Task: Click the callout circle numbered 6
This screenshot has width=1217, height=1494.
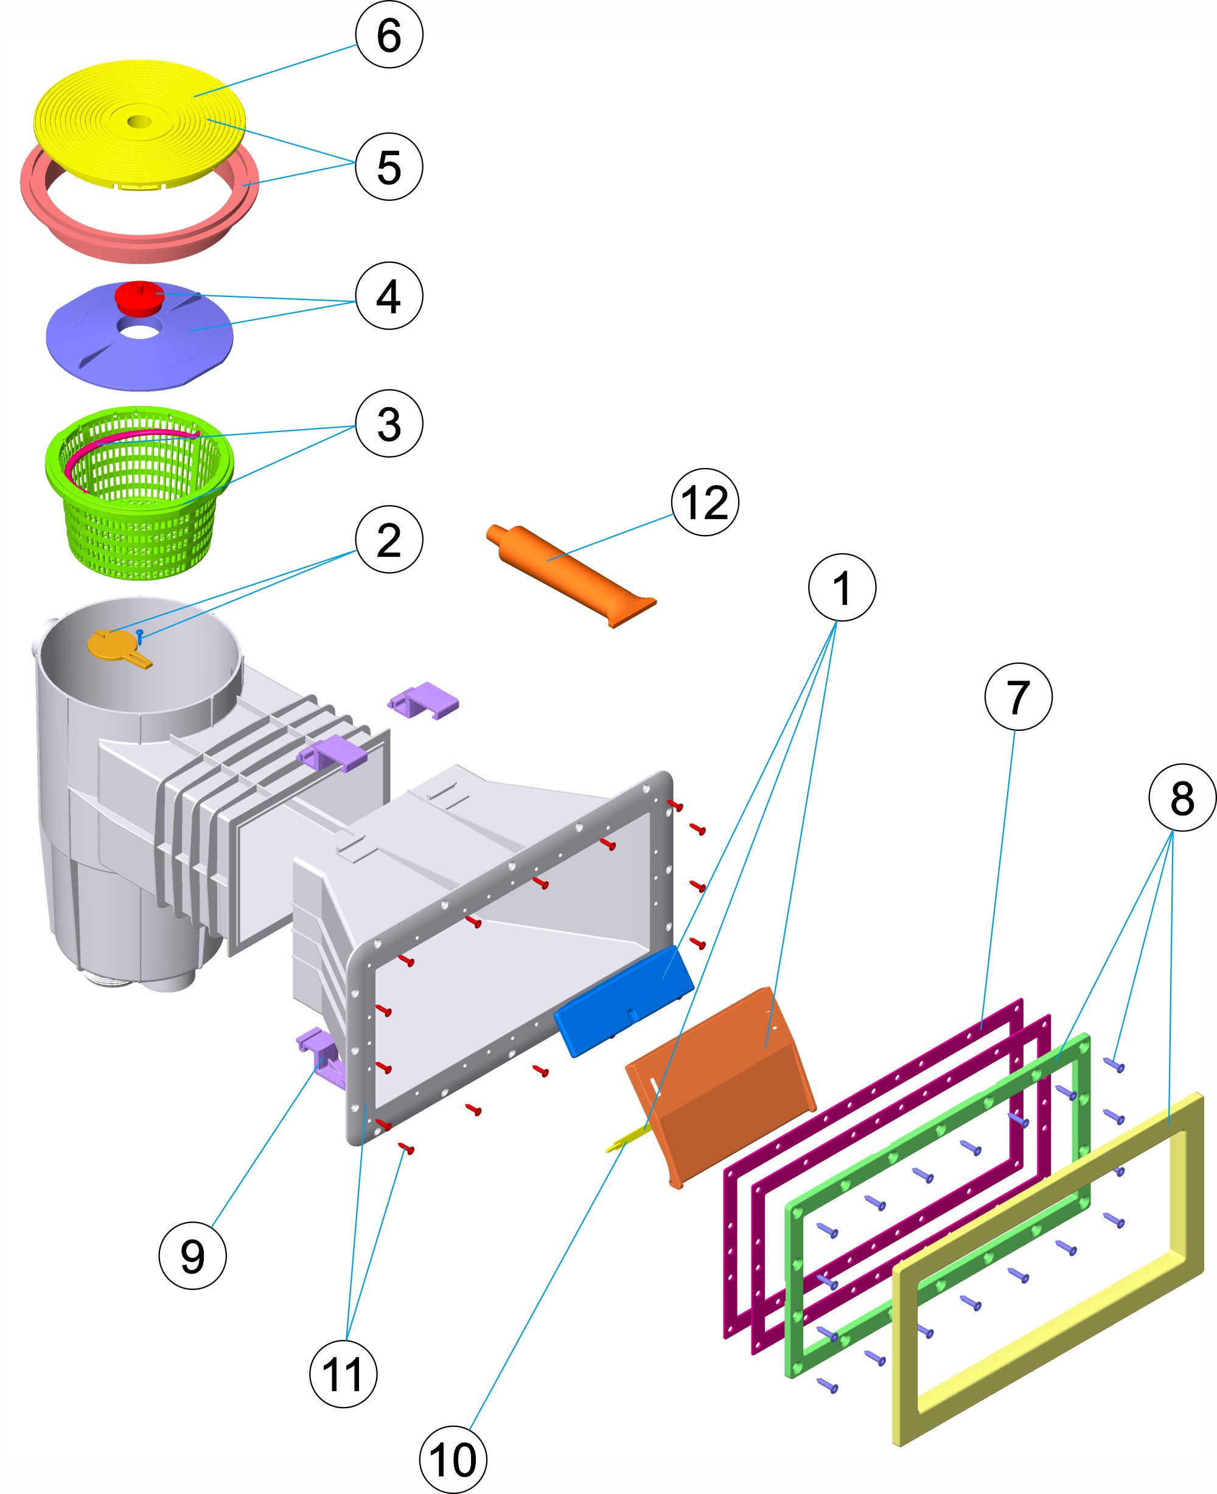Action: click(389, 34)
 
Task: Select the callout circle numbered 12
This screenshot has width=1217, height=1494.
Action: click(705, 502)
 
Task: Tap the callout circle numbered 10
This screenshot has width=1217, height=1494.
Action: click(453, 1460)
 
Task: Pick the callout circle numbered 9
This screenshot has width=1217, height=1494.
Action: click(193, 1255)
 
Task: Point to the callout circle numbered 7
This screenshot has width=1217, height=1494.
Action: click(1018, 696)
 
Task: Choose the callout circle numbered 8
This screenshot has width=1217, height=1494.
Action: click(1182, 798)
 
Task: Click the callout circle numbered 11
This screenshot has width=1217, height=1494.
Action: click(343, 1374)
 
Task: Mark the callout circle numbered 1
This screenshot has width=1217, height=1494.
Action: click(842, 587)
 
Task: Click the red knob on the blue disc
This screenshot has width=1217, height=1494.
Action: click(139, 298)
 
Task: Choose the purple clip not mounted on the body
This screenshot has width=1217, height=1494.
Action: click(424, 700)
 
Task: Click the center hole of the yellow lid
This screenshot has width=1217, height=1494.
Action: click(139, 122)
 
